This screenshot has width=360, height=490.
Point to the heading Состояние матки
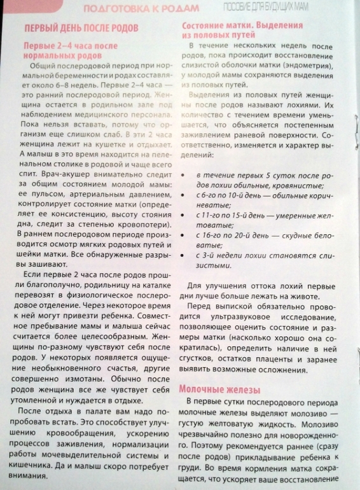[227, 26]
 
